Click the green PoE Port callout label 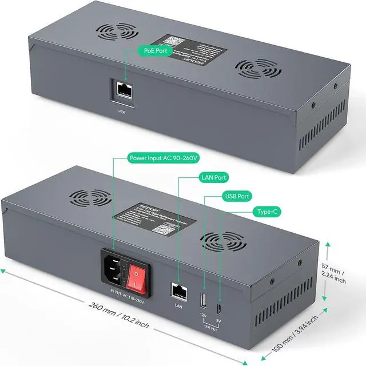coord(155,51)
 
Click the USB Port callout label coord(237,196)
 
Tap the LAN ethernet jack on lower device coord(178,291)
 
